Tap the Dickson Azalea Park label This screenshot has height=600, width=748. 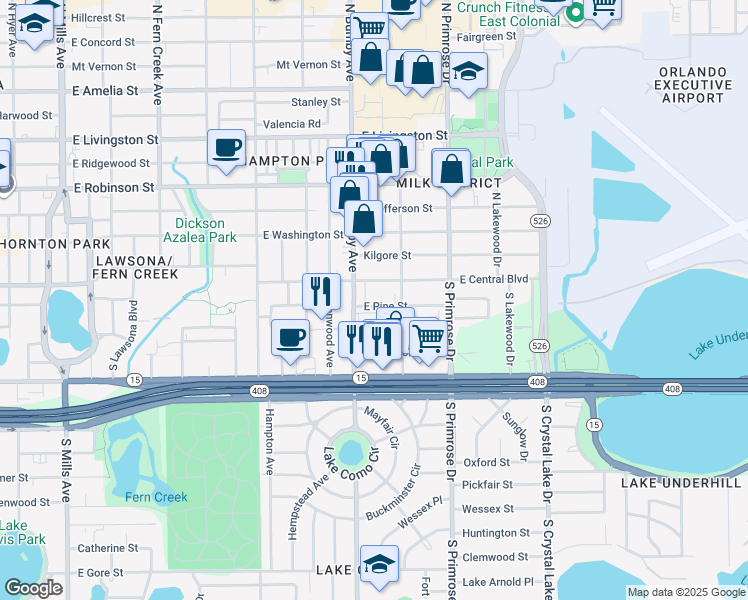[x=199, y=230]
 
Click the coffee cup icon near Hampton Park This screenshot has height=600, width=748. [x=226, y=148]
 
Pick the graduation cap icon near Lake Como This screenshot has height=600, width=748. [x=379, y=565]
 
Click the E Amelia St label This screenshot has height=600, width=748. [x=105, y=90]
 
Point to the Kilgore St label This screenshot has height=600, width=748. [x=387, y=255]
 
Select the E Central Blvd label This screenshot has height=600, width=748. [x=493, y=280]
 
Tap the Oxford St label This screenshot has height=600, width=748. [x=487, y=462]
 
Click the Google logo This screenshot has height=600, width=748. [x=33, y=588]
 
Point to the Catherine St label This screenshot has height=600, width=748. [x=108, y=547]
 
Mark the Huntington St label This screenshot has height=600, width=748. [x=496, y=533]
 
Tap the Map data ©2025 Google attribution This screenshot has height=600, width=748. [x=685, y=592]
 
